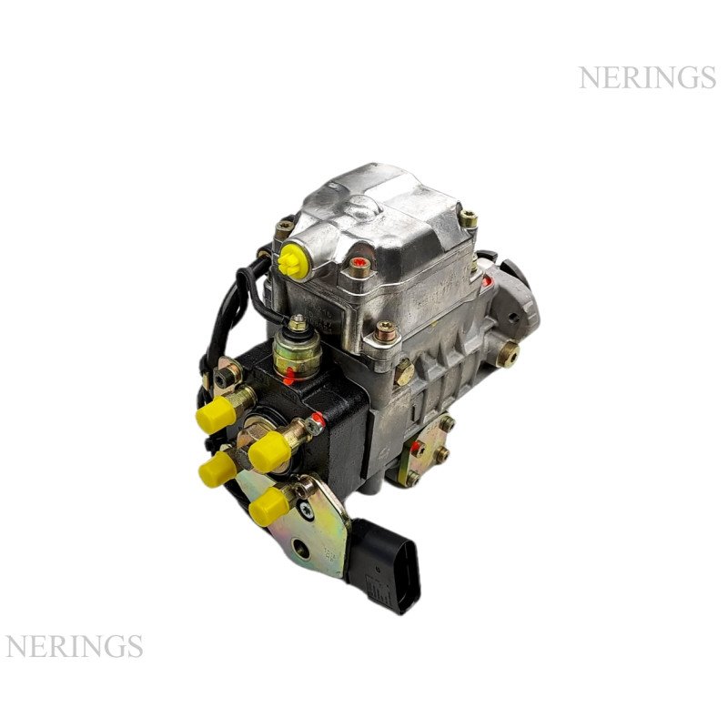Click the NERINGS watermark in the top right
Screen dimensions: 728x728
(x=647, y=77)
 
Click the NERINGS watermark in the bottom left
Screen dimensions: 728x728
(x=74, y=646)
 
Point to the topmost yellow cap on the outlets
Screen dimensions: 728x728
(x=215, y=413)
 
